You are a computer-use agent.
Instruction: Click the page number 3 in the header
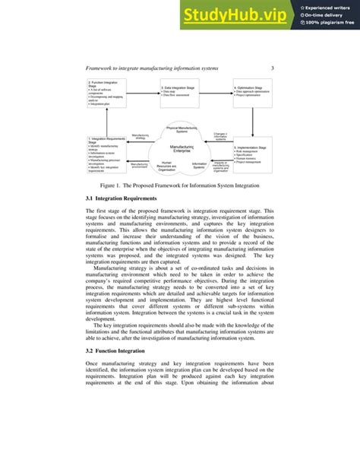[272, 69]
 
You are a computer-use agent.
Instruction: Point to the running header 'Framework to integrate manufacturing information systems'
[151, 69]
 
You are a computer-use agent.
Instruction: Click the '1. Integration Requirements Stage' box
[107, 155]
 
